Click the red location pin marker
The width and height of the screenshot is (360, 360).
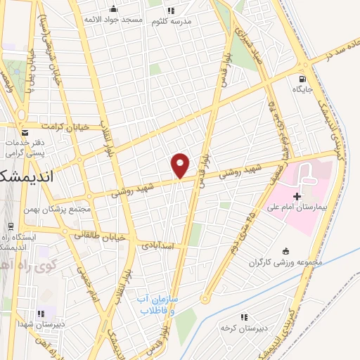pyautogui.click(x=181, y=165)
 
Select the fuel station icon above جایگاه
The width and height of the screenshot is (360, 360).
pyautogui.click(x=302, y=79)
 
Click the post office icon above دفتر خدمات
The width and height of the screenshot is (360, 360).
pyautogui.click(x=25, y=132)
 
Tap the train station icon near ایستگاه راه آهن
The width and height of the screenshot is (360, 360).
pyautogui.click(x=11, y=226)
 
